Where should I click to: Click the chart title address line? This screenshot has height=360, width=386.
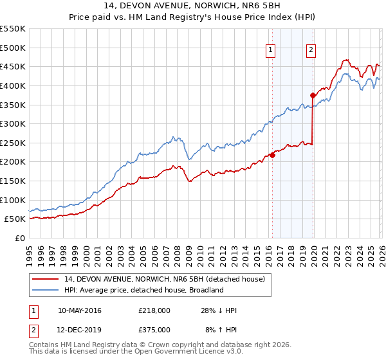click(193, 6)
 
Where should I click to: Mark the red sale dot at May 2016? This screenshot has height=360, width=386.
click(272, 155)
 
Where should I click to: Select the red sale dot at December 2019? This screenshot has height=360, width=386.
click(313, 95)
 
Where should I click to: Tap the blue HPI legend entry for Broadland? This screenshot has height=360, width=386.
click(143, 290)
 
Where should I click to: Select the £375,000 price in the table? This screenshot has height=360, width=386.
click(154, 329)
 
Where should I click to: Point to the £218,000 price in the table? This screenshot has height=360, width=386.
click(154, 310)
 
